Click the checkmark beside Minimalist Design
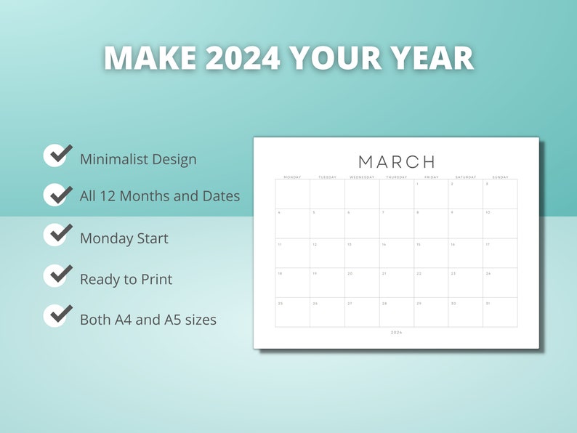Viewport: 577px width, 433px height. point(57,155)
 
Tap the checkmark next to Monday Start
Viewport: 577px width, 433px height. point(57,235)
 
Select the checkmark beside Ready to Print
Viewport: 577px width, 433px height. point(57,276)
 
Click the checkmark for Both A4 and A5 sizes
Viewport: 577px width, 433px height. point(57,316)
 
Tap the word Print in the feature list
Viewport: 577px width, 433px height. point(154,280)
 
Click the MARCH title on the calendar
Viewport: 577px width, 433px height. point(397,161)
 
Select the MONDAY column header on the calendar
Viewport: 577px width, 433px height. point(292,177)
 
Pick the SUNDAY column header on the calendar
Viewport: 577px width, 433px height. point(500,177)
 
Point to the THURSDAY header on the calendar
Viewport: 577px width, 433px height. point(397,177)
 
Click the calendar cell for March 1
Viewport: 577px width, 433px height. point(431,194)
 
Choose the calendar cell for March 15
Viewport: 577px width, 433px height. point(431,254)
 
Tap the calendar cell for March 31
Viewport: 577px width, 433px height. point(500,312)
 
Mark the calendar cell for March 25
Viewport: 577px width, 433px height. point(292,312)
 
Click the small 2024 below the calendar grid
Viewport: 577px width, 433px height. point(396,333)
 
